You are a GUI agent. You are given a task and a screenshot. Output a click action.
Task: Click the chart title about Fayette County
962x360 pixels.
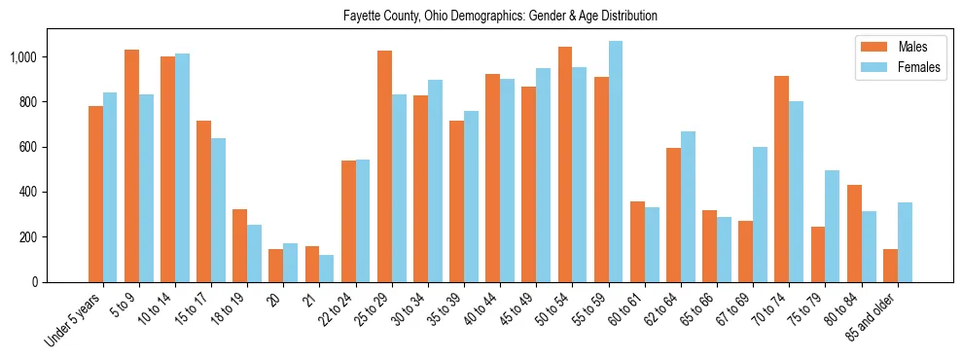(x=500, y=17)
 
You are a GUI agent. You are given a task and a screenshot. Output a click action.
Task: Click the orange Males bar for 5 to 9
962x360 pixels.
(x=131, y=165)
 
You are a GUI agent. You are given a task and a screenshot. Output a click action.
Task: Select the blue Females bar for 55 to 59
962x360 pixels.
(x=616, y=162)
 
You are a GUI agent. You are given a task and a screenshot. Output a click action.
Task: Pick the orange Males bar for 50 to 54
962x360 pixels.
(x=565, y=164)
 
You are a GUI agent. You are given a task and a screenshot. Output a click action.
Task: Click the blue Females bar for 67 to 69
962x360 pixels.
(x=760, y=214)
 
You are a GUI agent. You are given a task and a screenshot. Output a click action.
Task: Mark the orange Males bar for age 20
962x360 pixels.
(x=276, y=266)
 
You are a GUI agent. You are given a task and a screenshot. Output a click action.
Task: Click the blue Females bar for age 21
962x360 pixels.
(x=327, y=269)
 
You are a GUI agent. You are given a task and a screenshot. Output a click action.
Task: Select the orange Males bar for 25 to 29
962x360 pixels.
(x=384, y=166)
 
